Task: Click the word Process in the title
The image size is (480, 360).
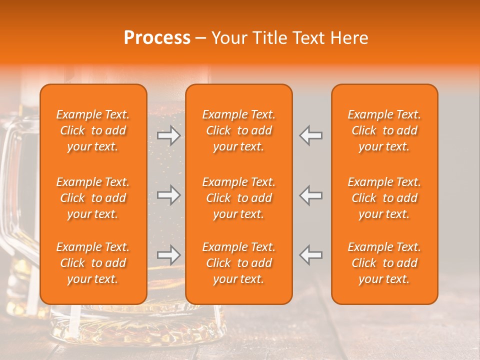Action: (x=157, y=38)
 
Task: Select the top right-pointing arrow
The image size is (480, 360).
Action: (x=168, y=135)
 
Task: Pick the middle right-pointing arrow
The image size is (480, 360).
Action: (x=168, y=194)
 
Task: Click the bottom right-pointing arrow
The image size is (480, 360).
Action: (x=168, y=255)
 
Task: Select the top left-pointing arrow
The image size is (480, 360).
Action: (x=311, y=135)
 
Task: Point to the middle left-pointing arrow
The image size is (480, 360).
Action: (x=311, y=194)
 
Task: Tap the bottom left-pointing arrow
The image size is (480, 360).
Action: (x=311, y=255)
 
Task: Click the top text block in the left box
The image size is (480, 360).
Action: (x=93, y=130)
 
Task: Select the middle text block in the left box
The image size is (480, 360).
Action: (x=93, y=198)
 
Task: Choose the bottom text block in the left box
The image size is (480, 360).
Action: (x=93, y=263)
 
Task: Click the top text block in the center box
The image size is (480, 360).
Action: (x=238, y=130)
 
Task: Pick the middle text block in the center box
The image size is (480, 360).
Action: (x=238, y=198)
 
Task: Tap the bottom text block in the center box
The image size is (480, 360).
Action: (x=238, y=263)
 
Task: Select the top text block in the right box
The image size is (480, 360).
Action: (x=384, y=130)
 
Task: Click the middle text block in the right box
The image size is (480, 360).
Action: (x=384, y=198)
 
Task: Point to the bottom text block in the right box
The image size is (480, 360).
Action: (x=384, y=263)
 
